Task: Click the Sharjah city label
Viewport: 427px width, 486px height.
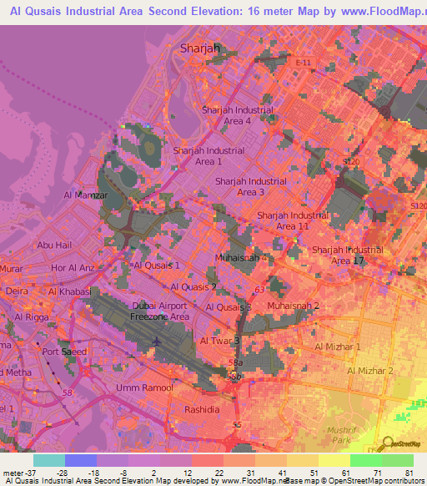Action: coord(200,48)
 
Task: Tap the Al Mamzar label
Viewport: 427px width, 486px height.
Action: coord(86,195)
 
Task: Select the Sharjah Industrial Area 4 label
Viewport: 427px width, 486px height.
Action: coord(237,115)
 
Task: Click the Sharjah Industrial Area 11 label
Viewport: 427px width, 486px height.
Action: coord(293,220)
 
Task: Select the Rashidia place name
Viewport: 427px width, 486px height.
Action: coord(202,409)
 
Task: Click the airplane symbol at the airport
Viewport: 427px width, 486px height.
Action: coord(158,342)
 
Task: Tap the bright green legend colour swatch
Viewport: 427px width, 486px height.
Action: coord(366,460)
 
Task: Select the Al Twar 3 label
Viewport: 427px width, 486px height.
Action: coord(219,341)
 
